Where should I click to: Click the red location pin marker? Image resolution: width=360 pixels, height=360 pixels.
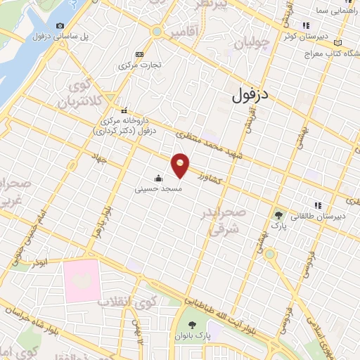[181, 165]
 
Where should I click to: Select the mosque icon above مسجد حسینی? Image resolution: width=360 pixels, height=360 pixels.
[159, 178]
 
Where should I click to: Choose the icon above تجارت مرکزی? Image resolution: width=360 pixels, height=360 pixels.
[139, 54]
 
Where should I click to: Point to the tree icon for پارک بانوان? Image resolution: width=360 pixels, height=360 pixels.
[193, 326]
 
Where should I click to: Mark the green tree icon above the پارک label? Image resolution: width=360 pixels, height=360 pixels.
[281, 215]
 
